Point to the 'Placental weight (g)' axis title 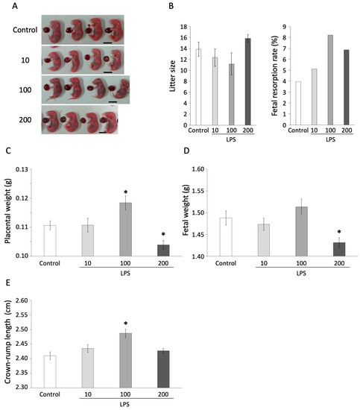(x=6, y=212)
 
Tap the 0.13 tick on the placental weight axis (x=30, y=169)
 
